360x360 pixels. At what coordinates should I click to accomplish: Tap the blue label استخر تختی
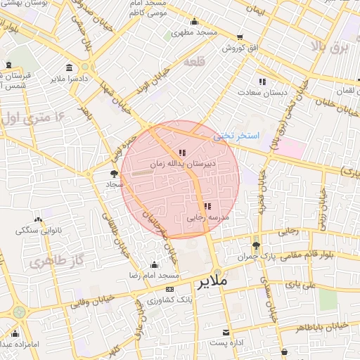click(236, 135)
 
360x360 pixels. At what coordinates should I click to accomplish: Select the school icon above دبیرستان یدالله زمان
click(183, 152)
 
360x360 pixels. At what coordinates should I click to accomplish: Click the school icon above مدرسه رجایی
click(207, 206)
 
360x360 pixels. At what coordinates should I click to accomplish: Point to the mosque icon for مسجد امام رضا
click(155, 265)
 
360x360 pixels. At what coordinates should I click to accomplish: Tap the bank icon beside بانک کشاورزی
click(169, 290)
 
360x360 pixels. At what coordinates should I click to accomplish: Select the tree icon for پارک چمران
click(255, 245)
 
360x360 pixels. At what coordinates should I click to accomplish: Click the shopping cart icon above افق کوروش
click(240, 37)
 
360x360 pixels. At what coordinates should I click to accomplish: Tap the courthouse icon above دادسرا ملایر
click(69, 67)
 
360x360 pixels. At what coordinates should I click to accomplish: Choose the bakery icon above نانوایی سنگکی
click(39, 219)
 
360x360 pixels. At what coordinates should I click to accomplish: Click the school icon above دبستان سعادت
click(262, 81)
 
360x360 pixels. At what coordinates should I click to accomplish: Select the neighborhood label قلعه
click(193, 63)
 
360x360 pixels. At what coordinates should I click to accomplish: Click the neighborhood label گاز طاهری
click(51, 262)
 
